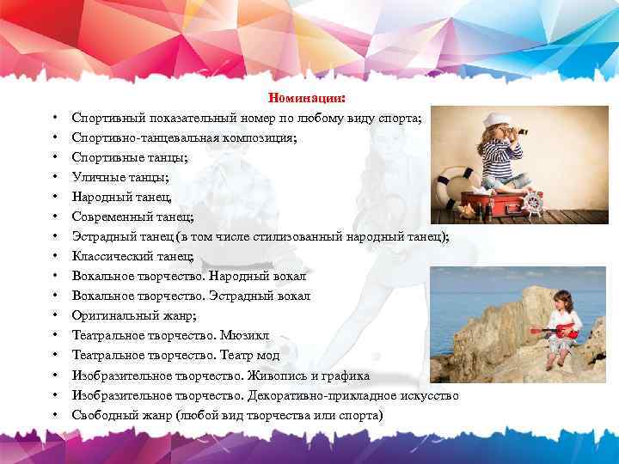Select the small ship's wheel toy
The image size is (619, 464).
(534, 205)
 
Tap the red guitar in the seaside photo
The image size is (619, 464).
(556, 329)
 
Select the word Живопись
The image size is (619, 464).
(279, 375)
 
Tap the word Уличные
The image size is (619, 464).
(98, 178)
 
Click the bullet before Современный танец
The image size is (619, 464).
(53, 217)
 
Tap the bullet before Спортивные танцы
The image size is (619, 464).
(53, 158)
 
